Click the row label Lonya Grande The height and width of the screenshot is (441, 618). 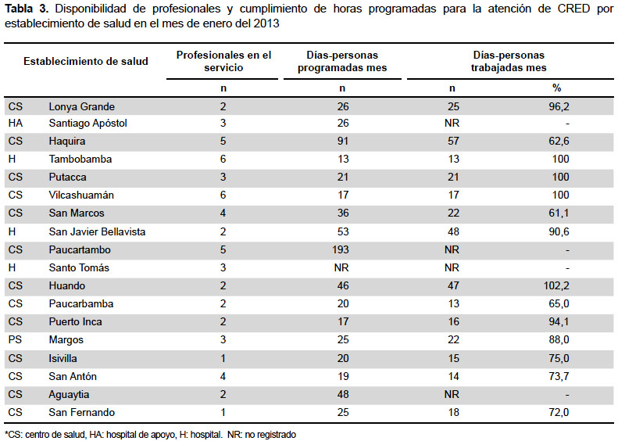[81, 106]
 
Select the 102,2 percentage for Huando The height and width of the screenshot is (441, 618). [556, 285]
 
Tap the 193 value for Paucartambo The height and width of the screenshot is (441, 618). [340, 249]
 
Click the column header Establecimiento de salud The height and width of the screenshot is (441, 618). [86, 61]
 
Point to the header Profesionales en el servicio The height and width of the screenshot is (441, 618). [223, 61]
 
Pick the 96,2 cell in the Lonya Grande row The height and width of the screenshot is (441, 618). [559, 106]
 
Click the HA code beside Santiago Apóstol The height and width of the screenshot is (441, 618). [16, 123]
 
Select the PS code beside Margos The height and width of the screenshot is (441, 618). [15, 339]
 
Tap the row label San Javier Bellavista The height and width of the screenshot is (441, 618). [97, 231]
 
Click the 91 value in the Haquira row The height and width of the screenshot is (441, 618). [343, 141]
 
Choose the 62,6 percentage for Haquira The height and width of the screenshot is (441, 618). [559, 141]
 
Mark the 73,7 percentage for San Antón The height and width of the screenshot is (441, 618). [559, 376]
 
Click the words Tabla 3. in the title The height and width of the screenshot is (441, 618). [27, 9]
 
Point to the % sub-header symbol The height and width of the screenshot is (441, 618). [556, 88]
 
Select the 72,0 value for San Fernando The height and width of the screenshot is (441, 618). [559, 412]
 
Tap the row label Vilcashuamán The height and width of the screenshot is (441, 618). [81, 195]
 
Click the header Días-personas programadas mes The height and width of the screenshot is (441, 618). [342, 61]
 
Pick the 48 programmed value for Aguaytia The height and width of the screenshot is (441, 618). [343, 394]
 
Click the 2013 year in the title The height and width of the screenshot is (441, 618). [266, 23]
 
